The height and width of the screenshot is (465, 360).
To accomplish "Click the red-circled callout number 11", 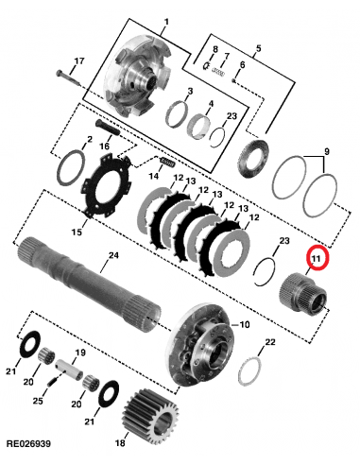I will pyautogui.click(x=317, y=257).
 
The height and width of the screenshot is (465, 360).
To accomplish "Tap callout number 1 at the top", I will pyautogui.click(x=167, y=21).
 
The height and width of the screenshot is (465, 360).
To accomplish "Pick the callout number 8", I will pyautogui.click(x=214, y=49).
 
